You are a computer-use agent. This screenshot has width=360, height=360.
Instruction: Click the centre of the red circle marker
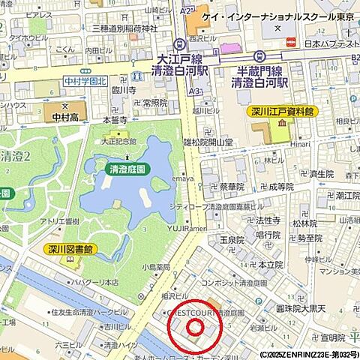point(195,326)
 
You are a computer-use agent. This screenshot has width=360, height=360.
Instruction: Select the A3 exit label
point(196,91)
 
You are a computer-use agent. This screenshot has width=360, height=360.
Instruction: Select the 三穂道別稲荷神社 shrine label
point(125,28)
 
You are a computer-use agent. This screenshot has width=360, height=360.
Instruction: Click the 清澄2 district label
point(15,157)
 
